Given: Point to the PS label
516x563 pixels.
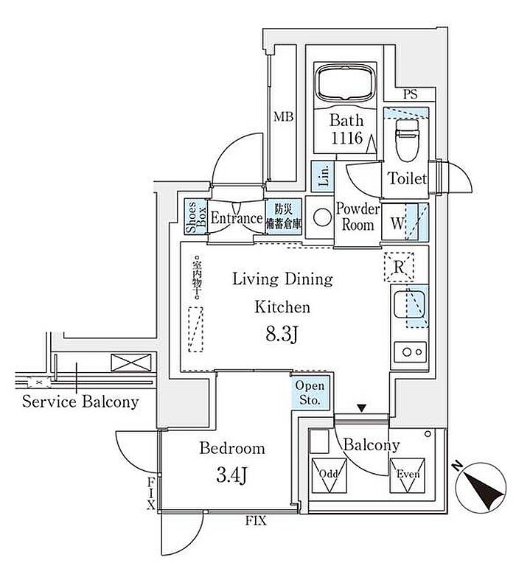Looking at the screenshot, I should (411, 94).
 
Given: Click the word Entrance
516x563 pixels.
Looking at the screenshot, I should (236, 218).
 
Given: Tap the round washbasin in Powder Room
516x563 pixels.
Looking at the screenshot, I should (322, 217).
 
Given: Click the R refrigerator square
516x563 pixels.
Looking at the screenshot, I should (399, 267).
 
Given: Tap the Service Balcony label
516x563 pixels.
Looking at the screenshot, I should (80, 402).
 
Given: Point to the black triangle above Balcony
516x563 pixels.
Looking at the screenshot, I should (362, 408).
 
